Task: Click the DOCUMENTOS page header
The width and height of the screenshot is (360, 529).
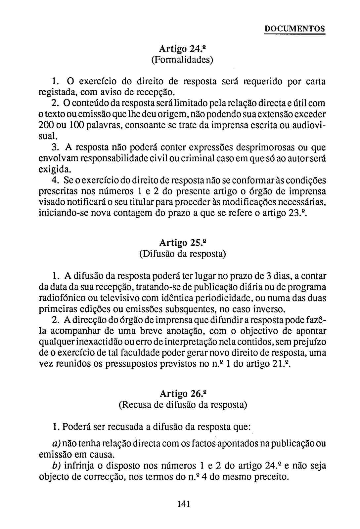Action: pos(294,29)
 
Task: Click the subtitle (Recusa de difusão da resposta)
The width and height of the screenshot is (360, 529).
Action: pos(183,405)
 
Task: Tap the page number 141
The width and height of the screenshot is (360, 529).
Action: pos(183,504)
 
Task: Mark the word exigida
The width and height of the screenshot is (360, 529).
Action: pos(55,170)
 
